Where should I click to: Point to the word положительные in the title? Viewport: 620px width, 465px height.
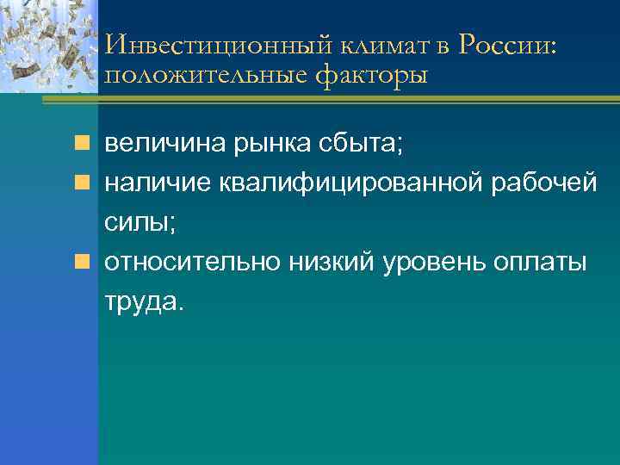[x=204, y=76]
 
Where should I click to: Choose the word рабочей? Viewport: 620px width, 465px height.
[x=538, y=183]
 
